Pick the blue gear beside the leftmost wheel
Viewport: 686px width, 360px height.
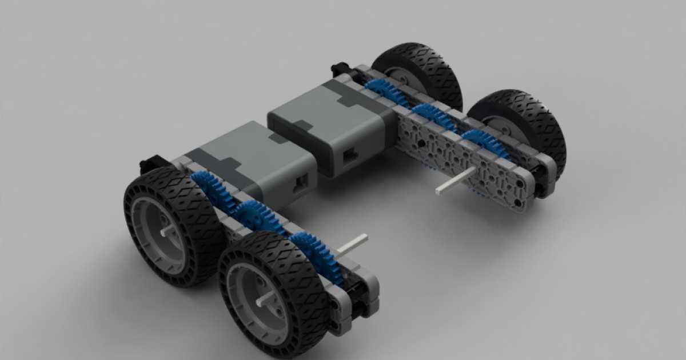pyautogui.click(x=209, y=189)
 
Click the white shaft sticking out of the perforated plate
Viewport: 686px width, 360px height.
pyautogui.click(x=455, y=182)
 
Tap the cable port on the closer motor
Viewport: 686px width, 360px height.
pyautogui.click(x=300, y=183)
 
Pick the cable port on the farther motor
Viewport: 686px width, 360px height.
pyautogui.click(x=349, y=155)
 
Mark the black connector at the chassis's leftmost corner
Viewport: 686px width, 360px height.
pyautogui.click(x=147, y=165)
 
